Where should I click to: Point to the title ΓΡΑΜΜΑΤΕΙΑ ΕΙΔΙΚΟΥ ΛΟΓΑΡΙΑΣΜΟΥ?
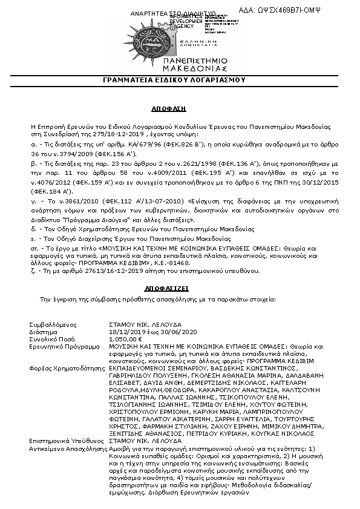point(180,80)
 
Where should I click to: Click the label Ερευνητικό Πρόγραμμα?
point(63,347)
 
